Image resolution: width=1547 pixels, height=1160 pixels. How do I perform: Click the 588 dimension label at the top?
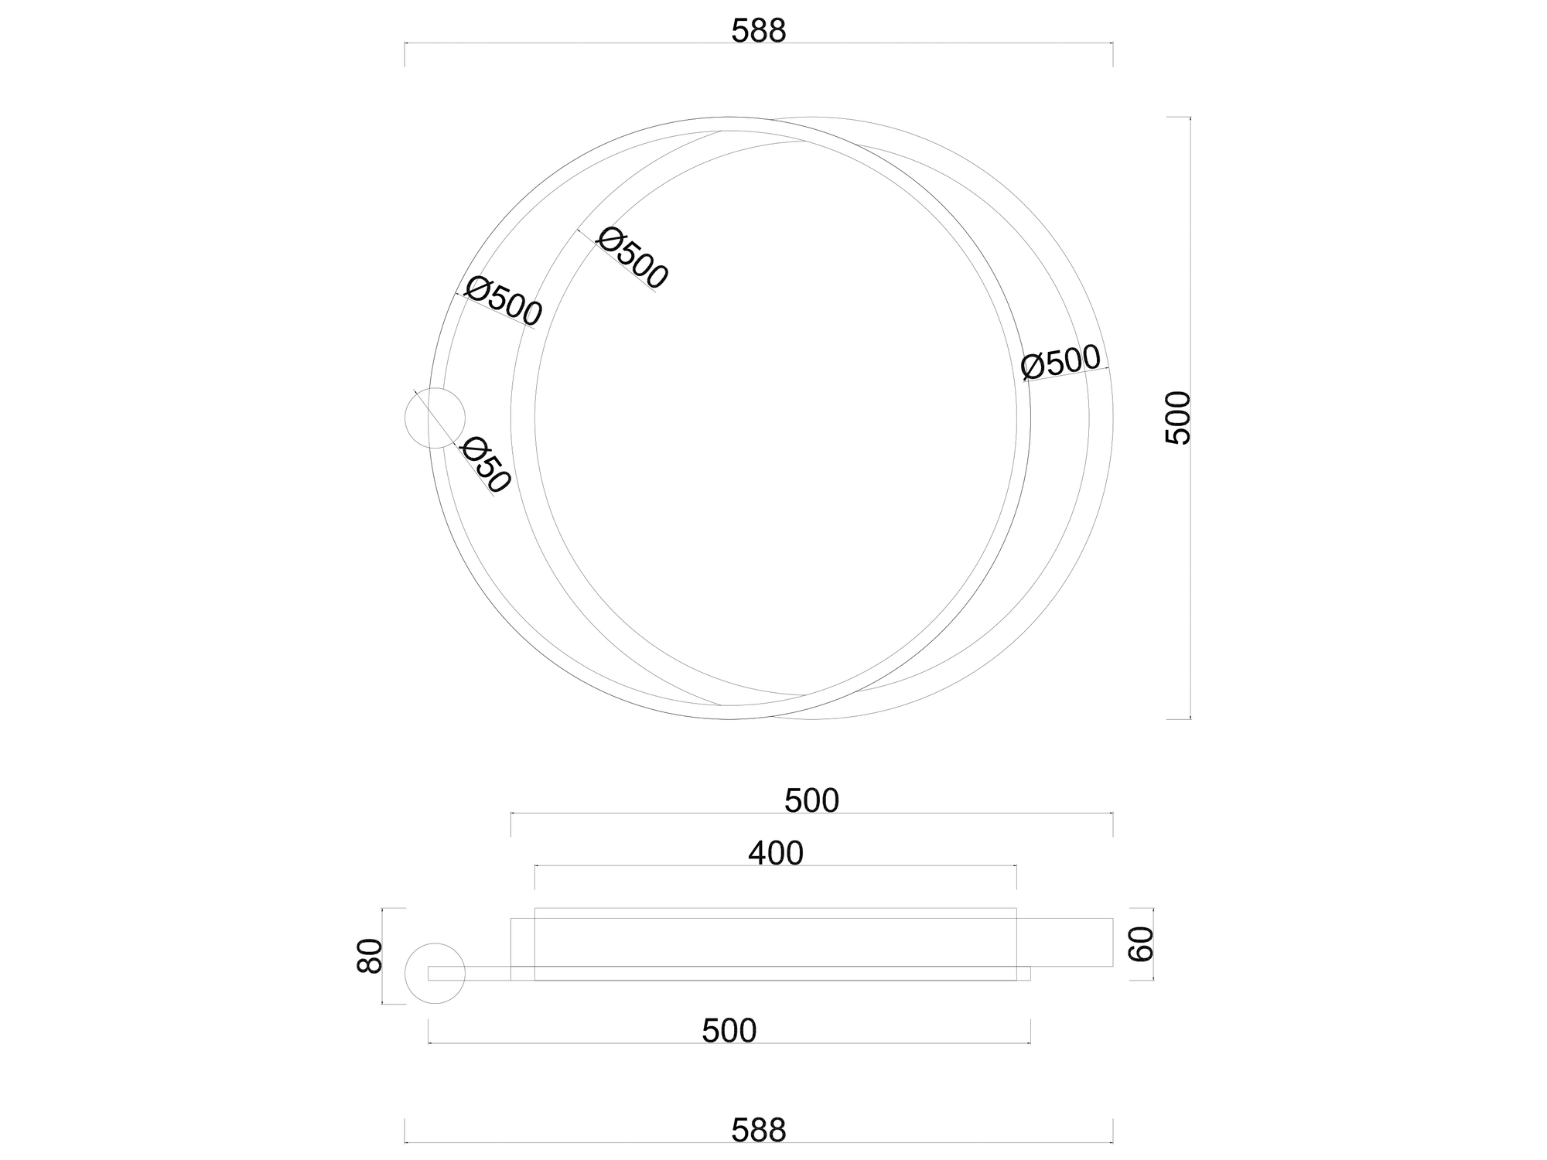[758, 31]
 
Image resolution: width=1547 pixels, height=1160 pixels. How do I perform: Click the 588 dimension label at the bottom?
[758, 1131]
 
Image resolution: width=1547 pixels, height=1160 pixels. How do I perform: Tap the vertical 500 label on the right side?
[1178, 418]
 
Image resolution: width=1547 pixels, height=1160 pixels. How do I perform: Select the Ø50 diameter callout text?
[486, 466]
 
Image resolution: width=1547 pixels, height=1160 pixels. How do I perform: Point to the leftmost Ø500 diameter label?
[504, 301]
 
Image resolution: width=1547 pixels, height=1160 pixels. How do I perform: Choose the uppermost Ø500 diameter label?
[632, 258]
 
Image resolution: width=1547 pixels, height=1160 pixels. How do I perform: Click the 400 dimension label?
[776, 853]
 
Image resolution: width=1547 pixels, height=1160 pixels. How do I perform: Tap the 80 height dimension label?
[371, 956]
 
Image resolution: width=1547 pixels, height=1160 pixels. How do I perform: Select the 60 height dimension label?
[1142, 943]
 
